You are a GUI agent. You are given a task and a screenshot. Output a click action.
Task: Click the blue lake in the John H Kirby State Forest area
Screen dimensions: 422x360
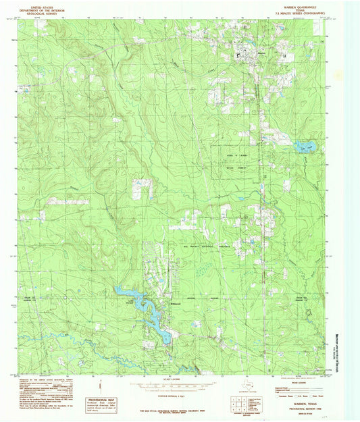(305, 144)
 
